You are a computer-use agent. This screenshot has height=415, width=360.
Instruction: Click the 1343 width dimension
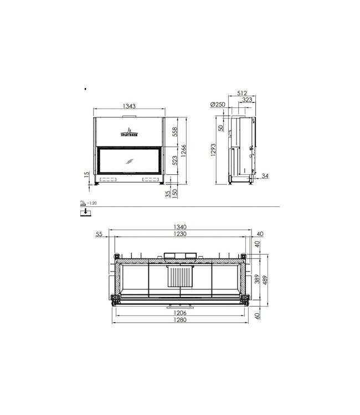click(128, 107)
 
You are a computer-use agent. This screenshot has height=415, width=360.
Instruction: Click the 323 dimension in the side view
click(247, 100)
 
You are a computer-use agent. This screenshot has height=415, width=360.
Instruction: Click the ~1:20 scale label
click(91, 204)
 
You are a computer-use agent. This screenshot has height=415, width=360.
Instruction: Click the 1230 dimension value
click(178, 235)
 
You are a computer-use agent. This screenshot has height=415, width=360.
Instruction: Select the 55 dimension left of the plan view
click(100, 235)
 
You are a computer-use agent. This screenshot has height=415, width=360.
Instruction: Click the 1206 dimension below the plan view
click(179, 313)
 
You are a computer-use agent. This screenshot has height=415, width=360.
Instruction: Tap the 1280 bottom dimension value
click(179, 321)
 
